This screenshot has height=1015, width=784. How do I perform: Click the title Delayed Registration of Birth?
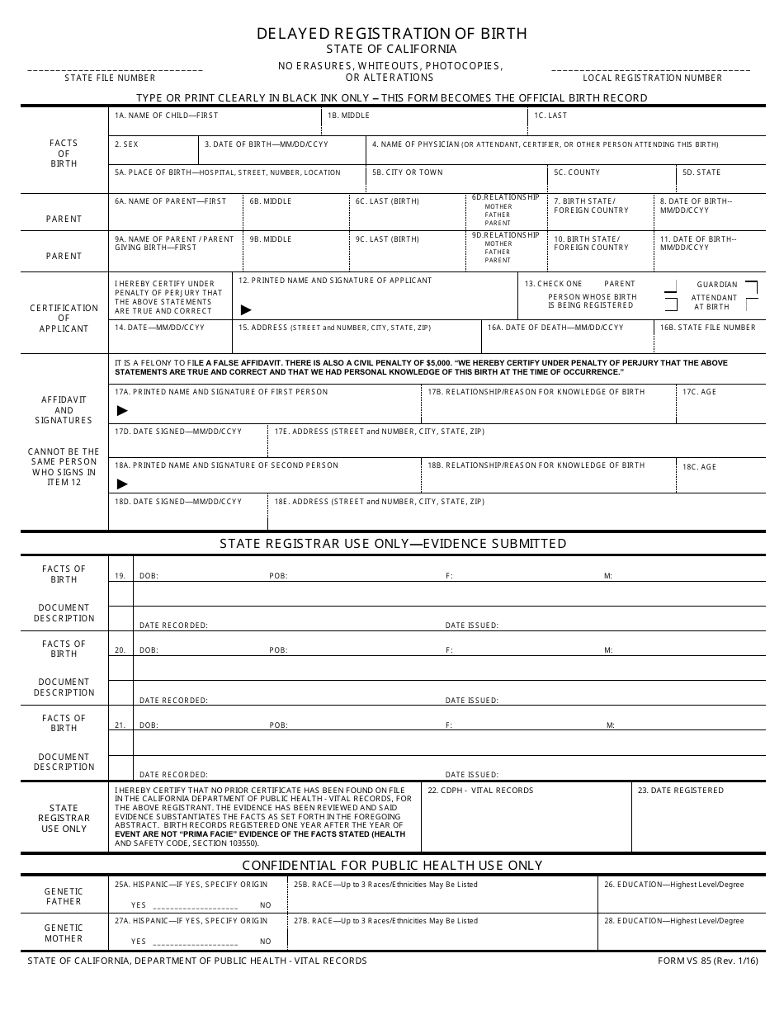point(391,34)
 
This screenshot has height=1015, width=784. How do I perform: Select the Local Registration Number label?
point(652,78)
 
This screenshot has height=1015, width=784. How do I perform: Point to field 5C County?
point(612,179)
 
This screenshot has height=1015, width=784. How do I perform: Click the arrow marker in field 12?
point(246,310)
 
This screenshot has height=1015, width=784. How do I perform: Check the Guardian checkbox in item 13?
point(751,287)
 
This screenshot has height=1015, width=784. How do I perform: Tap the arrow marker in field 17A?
point(123,410)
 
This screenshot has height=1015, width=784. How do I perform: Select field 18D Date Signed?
point(187,512)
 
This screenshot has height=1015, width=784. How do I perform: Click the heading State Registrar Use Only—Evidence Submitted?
point(393,543)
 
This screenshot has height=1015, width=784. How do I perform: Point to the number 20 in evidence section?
point(120,650)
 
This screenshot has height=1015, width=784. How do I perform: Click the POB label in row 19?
point(278,576)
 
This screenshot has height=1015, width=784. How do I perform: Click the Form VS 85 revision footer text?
point(707,961)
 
